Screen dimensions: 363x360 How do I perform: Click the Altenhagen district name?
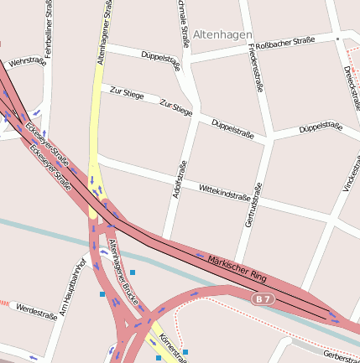point(222,34)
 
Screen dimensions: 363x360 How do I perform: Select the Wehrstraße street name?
point(26,63)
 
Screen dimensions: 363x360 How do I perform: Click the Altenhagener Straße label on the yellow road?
point(105,34)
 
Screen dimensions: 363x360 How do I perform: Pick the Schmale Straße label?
point(183,23)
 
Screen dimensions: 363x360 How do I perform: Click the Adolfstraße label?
point(178,179)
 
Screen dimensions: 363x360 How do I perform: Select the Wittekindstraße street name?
point(225,194)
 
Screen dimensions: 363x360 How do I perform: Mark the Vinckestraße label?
point(349,172)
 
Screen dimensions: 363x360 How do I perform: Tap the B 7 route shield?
point(263,298)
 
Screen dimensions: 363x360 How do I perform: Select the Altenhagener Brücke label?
point(123,271)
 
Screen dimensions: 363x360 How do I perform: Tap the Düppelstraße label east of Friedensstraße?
point(321,128)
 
